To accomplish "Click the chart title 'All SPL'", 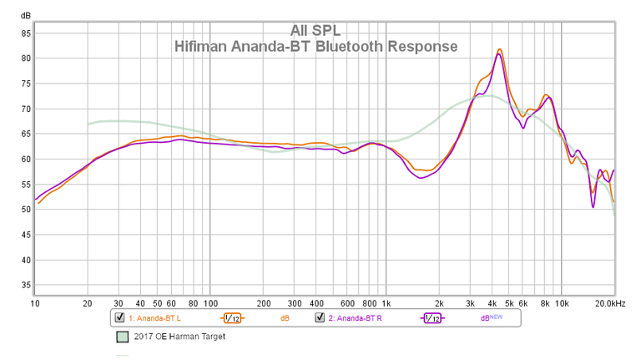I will (316, 30).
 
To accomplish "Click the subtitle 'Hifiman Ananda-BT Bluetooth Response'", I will (316, 47).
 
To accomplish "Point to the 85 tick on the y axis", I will (26, 33).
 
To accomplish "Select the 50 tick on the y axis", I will (26, 210).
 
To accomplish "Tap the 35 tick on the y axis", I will (26, 285).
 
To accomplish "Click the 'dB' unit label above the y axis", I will (26, 16).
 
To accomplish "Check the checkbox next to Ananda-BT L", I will (119, 318).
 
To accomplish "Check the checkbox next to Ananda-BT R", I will (319, 318).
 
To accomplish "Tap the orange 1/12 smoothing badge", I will (233, 318).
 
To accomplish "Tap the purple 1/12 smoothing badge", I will (432, 318).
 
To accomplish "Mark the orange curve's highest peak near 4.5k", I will (499, 49).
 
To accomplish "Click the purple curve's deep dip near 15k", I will (593, 206).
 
